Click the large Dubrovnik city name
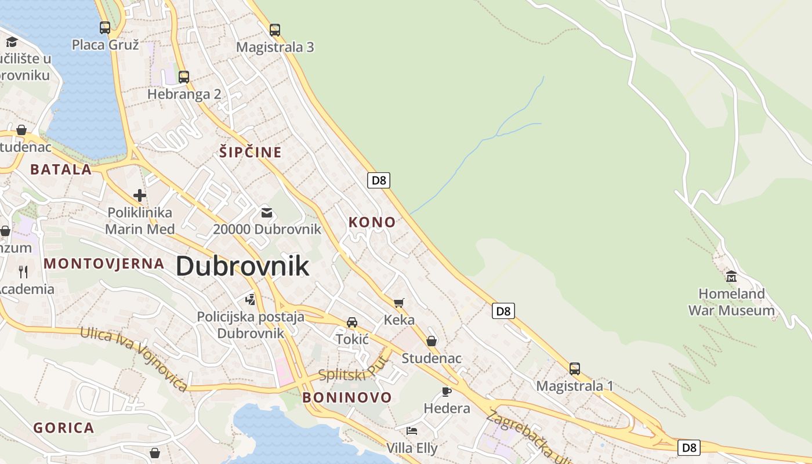tap(242, 266)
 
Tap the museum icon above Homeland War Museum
tap(731, 277)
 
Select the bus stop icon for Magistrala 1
tap(574, 369)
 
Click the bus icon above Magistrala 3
tap(275, 30)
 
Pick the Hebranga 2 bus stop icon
tap(184, 77)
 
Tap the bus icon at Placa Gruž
tap(105, 27)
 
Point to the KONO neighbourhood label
tap(372, 222)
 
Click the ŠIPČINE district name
tap(250, 153)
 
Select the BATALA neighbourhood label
tap(61, 169)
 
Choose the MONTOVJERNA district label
tap(104, 263)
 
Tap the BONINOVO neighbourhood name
tap(347, 397)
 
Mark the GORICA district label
tap(63, 428)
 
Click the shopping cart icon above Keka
tap(398, 303)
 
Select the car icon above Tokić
tap(351, 322)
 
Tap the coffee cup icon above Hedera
tap(446, 391)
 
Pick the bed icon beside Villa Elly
tap(412, 430)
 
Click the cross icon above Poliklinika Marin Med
tap(140, 195)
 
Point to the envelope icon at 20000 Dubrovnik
tap(267, 213)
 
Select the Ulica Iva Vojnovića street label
tap(134, 358)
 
